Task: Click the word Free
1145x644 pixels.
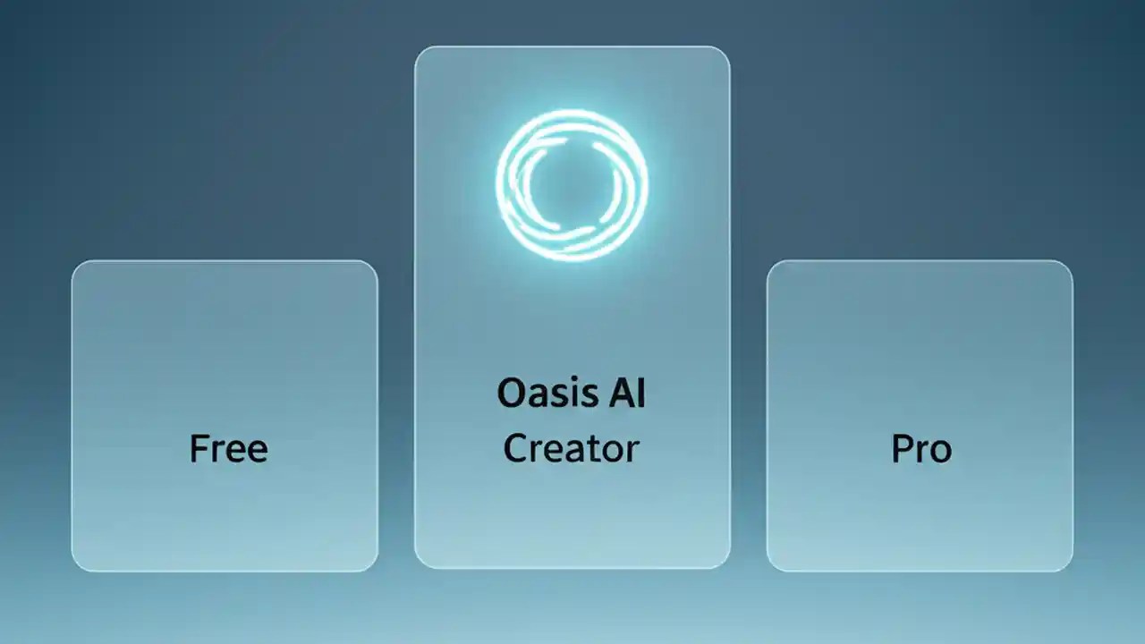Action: (x=228, y=448)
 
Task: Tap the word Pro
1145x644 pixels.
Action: (x=921, y=448)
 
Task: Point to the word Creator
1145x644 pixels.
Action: (x=571, y=448)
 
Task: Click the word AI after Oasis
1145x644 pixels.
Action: (x=621, y=394)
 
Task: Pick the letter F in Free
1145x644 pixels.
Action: (x=199, y=448)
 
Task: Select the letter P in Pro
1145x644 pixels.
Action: (x=901, y=448)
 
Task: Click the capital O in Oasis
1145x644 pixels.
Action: (x=511, y=394)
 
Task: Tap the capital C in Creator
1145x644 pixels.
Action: (x=515, y=448)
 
